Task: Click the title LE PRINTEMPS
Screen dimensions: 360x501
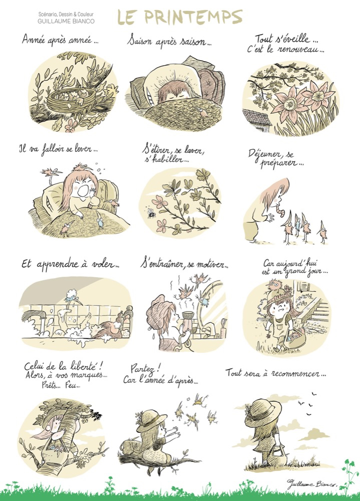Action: (x=180, y=17)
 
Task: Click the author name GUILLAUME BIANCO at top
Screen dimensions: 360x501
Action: (x=66, y=22)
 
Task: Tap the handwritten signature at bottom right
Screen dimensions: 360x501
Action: (x=312, y=484)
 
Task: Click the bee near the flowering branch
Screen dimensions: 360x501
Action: (x=151, y=213)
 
